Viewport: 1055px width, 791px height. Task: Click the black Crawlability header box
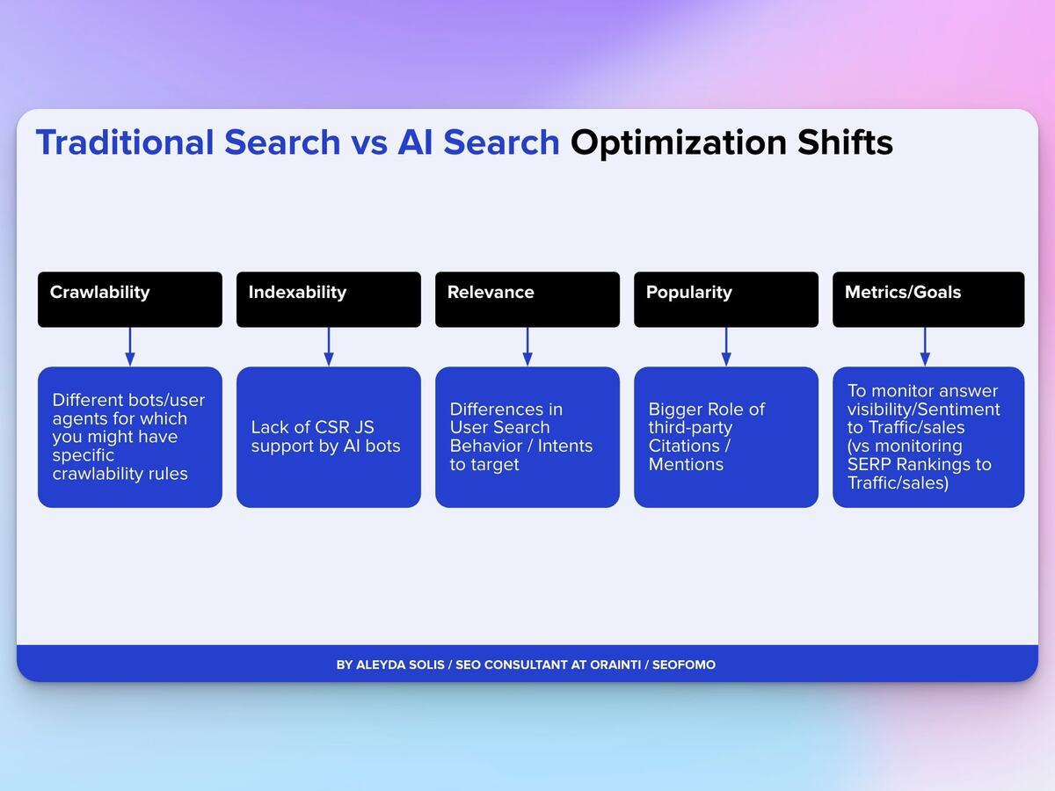point(129,300)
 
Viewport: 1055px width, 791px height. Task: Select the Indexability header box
point(328,300)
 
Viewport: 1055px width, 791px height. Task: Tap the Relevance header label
point(491,293)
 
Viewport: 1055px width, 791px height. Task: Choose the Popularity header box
point(725,300)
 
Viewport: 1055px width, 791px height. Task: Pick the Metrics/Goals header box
point(928,300)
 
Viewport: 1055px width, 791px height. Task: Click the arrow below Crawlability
point(130,347)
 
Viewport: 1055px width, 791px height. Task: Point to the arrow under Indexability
point(329,347)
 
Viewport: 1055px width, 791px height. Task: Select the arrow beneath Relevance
point(527,347)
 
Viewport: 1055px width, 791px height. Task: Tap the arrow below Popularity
point(726,347)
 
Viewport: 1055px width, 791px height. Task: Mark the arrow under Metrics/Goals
point(925,347)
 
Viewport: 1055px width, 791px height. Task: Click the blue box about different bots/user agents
point(129,437)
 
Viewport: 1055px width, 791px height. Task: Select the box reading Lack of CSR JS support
point(328,437)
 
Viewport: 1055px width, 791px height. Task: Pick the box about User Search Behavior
point(527,437)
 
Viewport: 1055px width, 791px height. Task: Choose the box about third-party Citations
point(725,437)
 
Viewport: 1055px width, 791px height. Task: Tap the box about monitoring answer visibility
point(928,437)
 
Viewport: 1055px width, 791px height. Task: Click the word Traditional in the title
point(125,142)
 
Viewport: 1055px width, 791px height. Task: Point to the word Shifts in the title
point(845,142)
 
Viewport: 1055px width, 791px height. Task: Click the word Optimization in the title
point(679,142)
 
